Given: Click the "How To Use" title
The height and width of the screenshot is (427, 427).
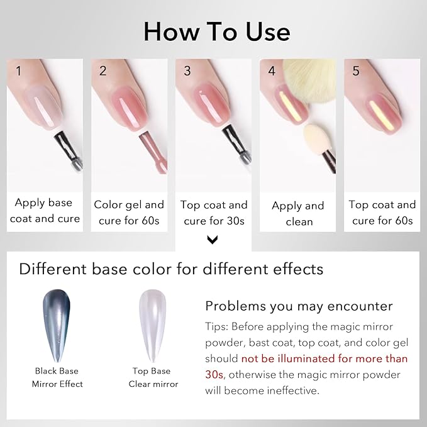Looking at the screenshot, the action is pyautogui.click(x=217, y=32).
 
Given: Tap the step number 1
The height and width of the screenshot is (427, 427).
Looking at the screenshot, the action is pyautogui.click(x=18, y=71).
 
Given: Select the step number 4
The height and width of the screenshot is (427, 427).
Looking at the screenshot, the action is pyautogui.click(x=272, y=71).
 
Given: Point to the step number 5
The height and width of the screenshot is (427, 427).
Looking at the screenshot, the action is pyautogui.click(x=356, y=71).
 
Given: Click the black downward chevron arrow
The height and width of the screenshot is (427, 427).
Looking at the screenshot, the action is pyautogui.click(x=213, y=240).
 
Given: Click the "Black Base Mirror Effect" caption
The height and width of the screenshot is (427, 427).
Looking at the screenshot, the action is pyautogui.click(x=57, y=377).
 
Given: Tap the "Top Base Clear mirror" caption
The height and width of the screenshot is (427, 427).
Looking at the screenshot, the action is pyautogui.click(x=153, y=377).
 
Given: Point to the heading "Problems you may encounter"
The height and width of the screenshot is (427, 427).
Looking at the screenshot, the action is pyautogui.click(x=299, y=306).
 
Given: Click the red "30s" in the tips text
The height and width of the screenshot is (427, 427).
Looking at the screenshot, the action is pyautogui.click(x=214, y=375).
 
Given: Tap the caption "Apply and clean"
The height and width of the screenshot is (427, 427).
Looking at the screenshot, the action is pyautogui.click(x=298, y=214).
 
